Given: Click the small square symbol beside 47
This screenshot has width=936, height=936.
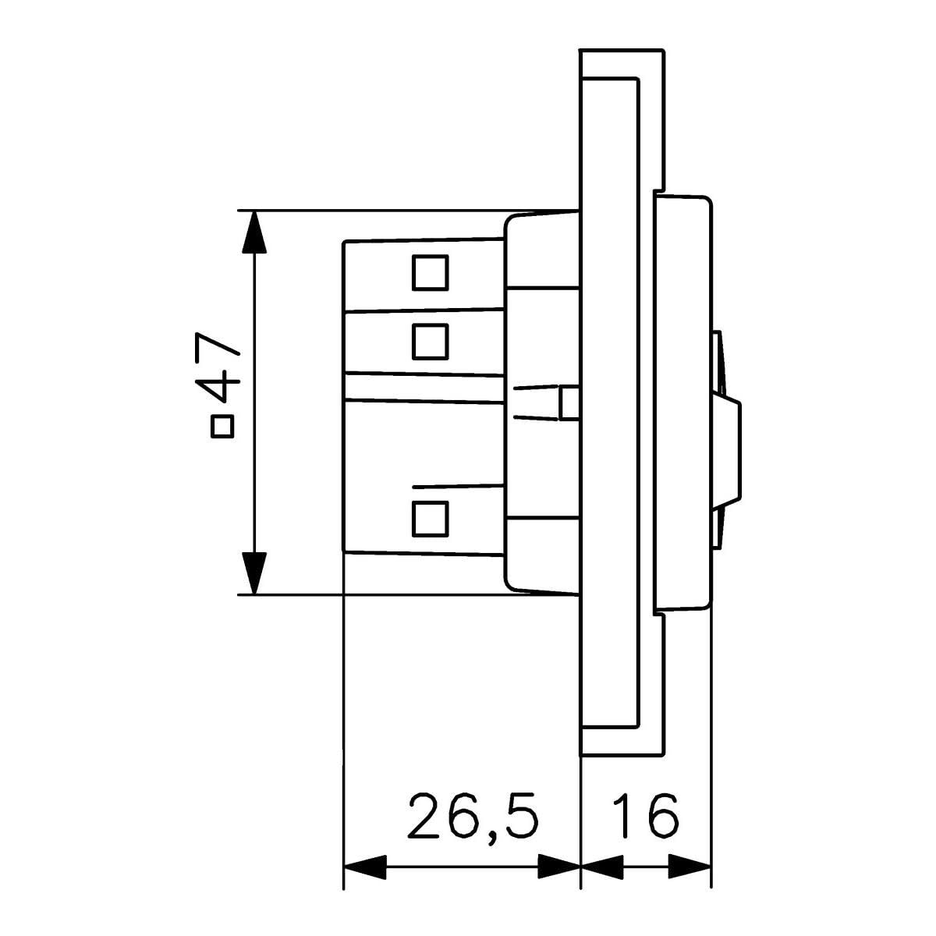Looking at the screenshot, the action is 222,426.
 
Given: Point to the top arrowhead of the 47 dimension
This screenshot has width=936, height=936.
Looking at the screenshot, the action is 254,232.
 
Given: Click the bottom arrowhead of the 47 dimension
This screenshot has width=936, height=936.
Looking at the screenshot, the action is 254,573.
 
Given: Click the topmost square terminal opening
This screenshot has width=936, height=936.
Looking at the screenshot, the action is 430,273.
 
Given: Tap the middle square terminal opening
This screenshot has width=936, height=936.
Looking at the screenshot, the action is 430,342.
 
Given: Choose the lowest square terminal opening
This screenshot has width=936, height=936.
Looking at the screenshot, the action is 430,519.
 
